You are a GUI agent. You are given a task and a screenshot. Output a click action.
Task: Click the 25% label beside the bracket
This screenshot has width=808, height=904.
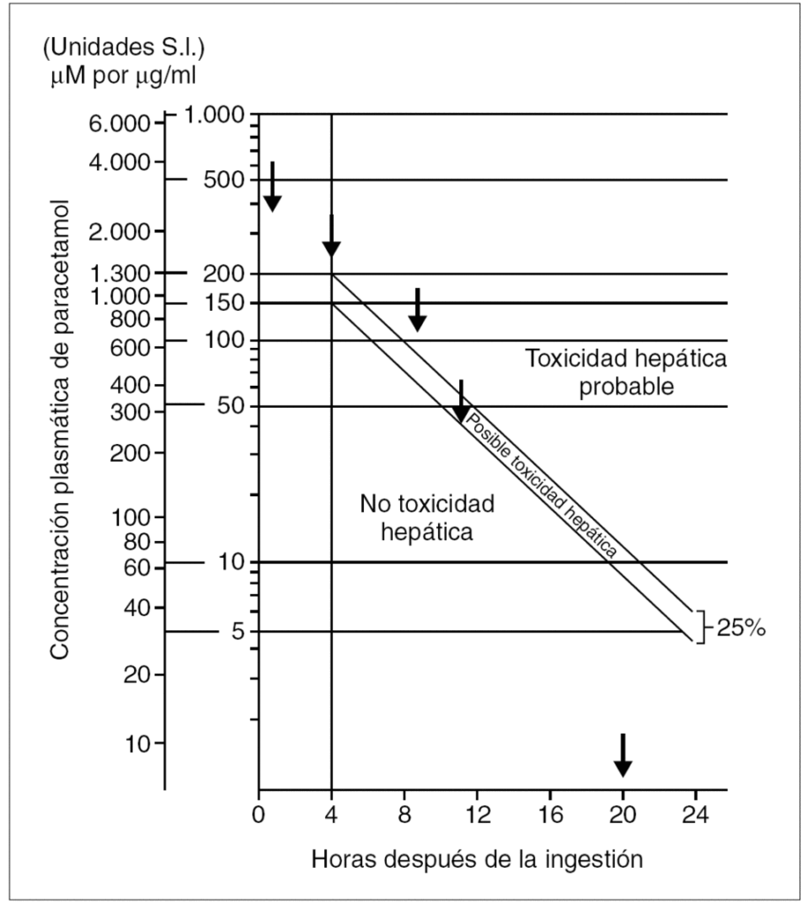click(x=741, y=630)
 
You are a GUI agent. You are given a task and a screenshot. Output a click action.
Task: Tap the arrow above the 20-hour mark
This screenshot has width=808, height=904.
click(x=623, y=755)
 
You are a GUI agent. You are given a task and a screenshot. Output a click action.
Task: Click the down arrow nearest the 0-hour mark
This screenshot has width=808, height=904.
click(x=273, y=187)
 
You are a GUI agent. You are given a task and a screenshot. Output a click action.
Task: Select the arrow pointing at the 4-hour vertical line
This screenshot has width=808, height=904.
click(x=331, y=236)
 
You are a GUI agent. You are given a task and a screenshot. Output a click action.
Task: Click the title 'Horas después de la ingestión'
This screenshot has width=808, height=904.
click(x=475, y=857)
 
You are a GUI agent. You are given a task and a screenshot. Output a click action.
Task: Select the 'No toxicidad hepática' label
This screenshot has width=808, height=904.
click(x=427, y=517)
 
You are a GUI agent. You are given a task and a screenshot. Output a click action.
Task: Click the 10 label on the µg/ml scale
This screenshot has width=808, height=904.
click(x=231, y=562)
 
